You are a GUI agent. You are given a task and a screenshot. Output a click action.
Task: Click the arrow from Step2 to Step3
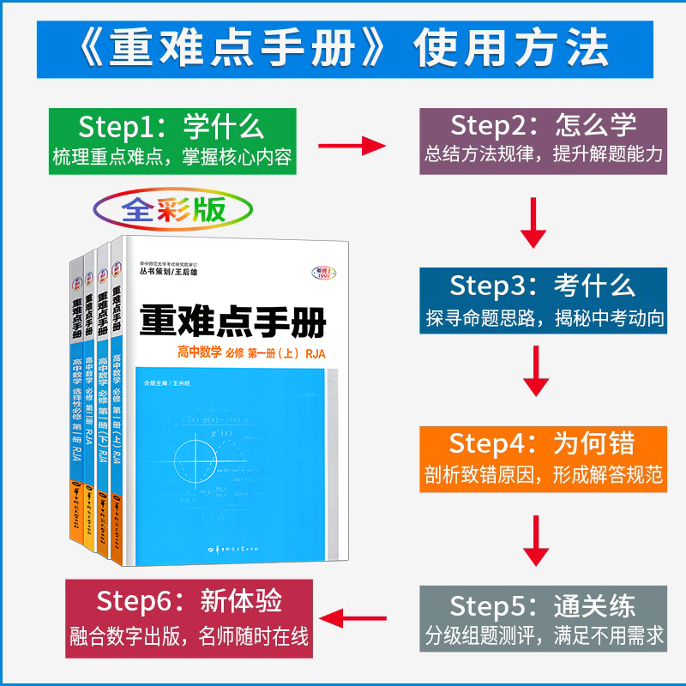(x=535, y=221)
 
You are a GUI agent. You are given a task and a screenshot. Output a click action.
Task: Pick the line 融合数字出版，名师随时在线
(x=189, y=637)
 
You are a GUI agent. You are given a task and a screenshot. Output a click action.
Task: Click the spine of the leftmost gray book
(x=76, y=394)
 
